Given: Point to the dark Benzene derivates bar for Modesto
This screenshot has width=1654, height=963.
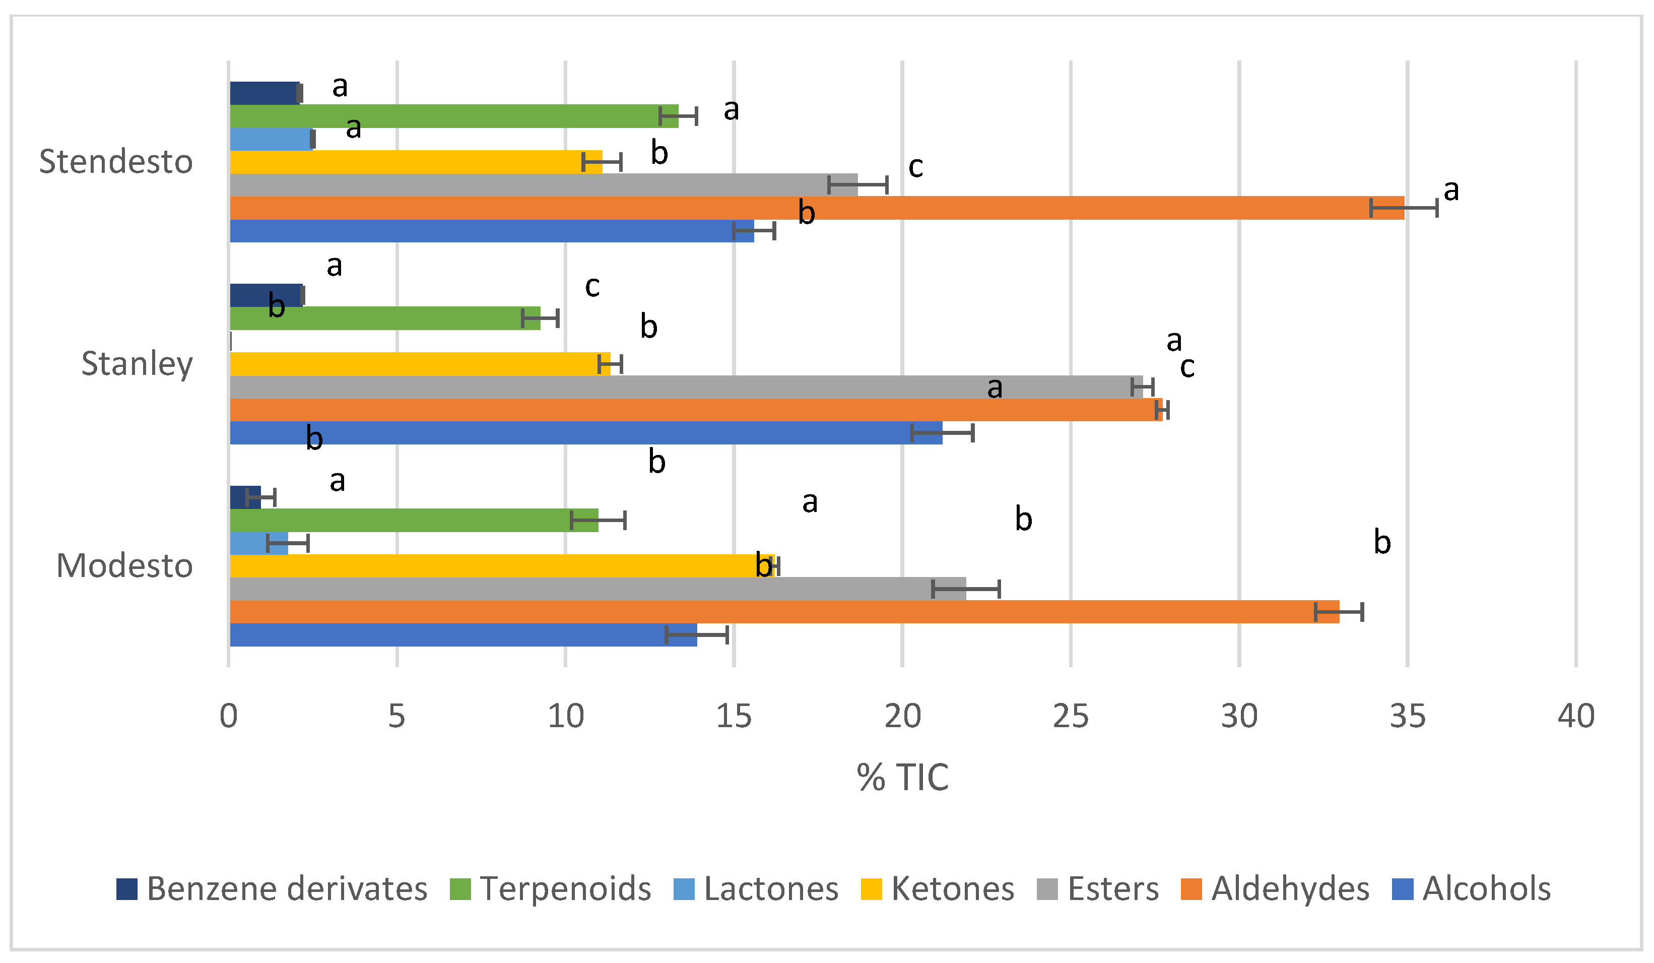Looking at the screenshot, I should click(x=245, y=497).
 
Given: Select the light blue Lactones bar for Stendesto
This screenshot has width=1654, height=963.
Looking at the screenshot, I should click(x=271, y=139).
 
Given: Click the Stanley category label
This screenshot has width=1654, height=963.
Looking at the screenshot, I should click(x=137, y=364).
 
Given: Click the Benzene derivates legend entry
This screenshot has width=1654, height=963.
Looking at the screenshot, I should click(x=273, y=889).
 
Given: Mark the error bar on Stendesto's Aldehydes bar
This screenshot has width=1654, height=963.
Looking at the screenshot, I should click(x=1404, y=208).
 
